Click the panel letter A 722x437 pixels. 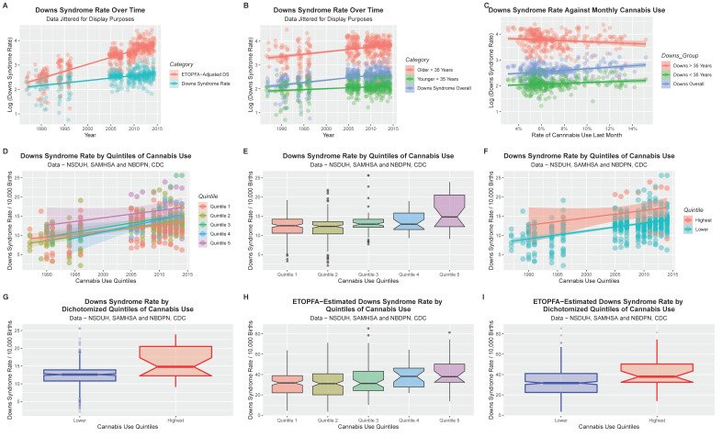pyautogui.click(x=6, y=6)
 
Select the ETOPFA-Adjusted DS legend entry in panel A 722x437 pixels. pyautogui.click(x=198, y=73)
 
